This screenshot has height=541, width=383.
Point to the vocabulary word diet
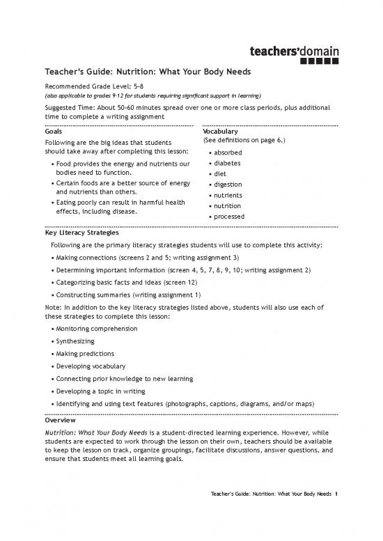point(221,174)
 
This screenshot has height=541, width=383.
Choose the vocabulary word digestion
point(229,185)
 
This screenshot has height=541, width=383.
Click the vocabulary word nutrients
point(229,196)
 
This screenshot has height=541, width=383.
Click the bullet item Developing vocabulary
point(91,366)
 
